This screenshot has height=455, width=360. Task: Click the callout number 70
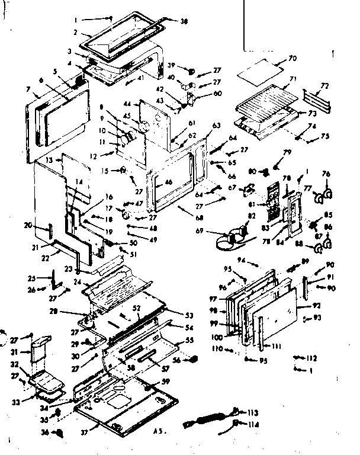[292, 59]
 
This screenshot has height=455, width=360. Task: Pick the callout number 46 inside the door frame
[169, 182]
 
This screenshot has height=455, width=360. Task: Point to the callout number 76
[325, 174]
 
